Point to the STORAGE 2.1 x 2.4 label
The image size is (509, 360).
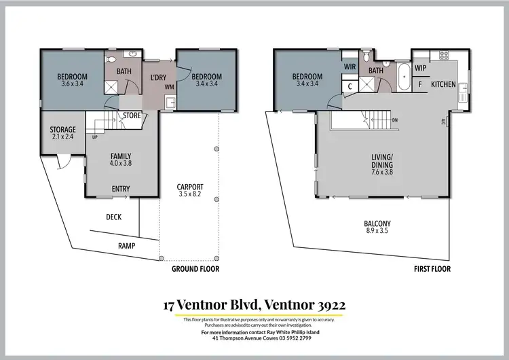point(62,133)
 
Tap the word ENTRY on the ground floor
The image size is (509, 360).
point(121,189)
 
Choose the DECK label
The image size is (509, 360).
point(113,217)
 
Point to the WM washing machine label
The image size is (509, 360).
point(168,86)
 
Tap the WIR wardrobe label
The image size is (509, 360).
point(350,67)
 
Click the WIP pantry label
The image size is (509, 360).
point(420,68)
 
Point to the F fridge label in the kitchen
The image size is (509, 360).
point(420,85)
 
